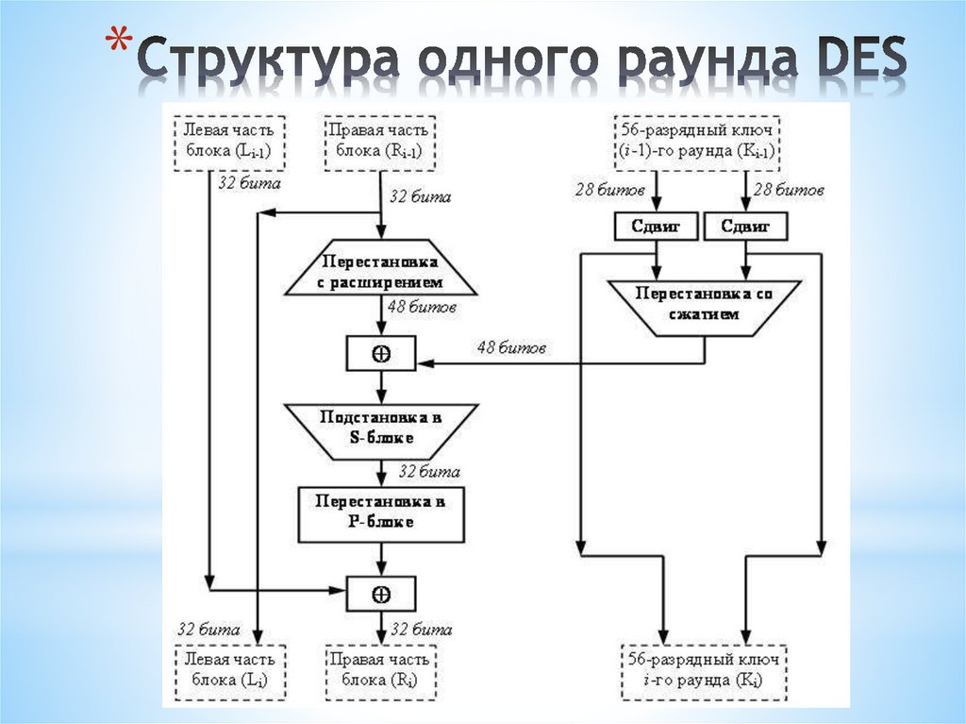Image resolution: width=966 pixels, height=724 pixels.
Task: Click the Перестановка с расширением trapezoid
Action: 380,271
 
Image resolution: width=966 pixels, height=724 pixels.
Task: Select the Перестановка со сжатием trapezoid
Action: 703,305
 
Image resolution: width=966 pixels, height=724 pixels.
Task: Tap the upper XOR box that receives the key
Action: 380,353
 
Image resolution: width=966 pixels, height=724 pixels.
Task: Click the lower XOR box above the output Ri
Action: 380,594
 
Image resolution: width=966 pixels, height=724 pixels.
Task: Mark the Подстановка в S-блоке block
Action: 380,429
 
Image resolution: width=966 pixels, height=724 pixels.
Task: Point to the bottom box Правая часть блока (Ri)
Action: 380,669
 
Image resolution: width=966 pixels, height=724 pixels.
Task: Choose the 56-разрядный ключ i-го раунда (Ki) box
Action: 703,669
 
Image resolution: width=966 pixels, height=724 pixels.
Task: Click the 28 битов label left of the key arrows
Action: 609,191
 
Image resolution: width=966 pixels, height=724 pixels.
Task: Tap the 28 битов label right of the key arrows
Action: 790,191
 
